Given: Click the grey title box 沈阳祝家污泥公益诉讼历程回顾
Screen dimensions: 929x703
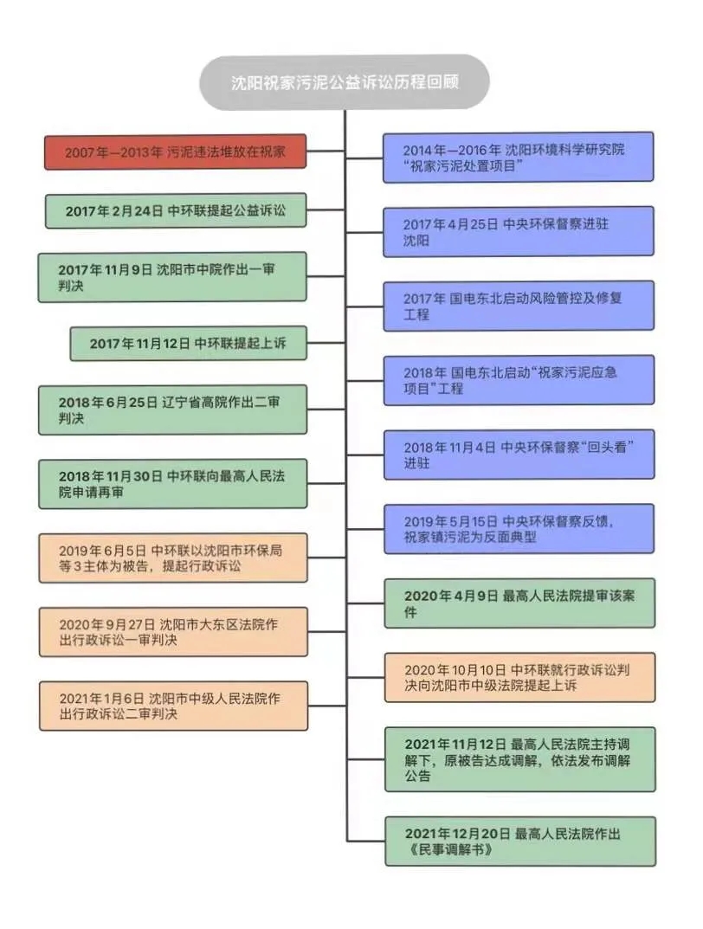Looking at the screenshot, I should point(345,83).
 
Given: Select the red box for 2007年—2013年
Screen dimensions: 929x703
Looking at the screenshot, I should point(176,152).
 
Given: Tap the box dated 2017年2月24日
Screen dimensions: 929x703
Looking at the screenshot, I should point(176,210).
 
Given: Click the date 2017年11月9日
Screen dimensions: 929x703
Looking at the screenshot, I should point(105,269).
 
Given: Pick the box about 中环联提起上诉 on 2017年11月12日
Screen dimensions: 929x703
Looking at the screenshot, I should point(188,344).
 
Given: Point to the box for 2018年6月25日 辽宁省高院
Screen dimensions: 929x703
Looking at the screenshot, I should point(172,410).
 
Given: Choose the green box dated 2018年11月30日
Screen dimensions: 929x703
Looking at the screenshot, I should point(172,483).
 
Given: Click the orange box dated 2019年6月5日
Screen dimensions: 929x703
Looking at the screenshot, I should point(172,558).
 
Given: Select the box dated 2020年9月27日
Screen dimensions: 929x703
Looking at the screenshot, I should point(172,631).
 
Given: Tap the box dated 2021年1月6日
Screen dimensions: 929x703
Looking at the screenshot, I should point(172,706).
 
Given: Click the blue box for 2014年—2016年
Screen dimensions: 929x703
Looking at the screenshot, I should point(518,157).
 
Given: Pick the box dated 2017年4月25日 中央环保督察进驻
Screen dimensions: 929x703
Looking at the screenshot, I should point(518,231).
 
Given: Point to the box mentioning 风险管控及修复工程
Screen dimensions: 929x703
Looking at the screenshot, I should point(518,305).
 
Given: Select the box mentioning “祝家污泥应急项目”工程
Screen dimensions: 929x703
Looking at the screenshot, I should point(518,379).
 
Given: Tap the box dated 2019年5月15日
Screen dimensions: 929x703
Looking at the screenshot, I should point(518,528).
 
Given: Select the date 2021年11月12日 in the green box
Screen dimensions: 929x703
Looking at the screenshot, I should point(455,744).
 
